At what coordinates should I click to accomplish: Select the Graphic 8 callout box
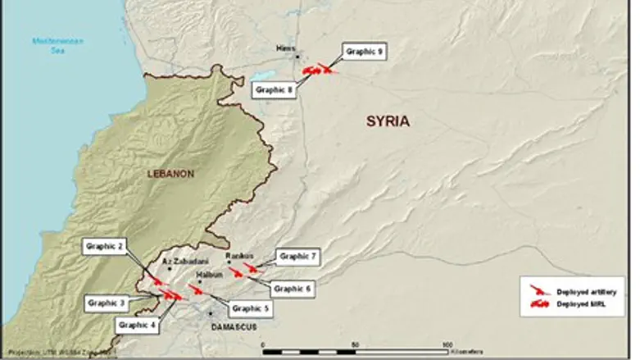(274, 90)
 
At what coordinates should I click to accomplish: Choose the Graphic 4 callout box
(137, 325)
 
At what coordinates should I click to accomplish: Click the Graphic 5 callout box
(250, 309)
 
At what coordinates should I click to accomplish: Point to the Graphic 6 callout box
(293, 289)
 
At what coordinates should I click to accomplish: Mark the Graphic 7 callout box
(297, 257)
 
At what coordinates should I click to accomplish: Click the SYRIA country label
(387, 121)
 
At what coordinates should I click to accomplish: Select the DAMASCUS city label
(234, 326)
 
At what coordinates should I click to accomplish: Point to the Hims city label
(285, 48)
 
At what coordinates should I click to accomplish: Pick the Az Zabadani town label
(181, 261)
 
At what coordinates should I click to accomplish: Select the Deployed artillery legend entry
(585, 291)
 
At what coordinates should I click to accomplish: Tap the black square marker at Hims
(299, 56)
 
